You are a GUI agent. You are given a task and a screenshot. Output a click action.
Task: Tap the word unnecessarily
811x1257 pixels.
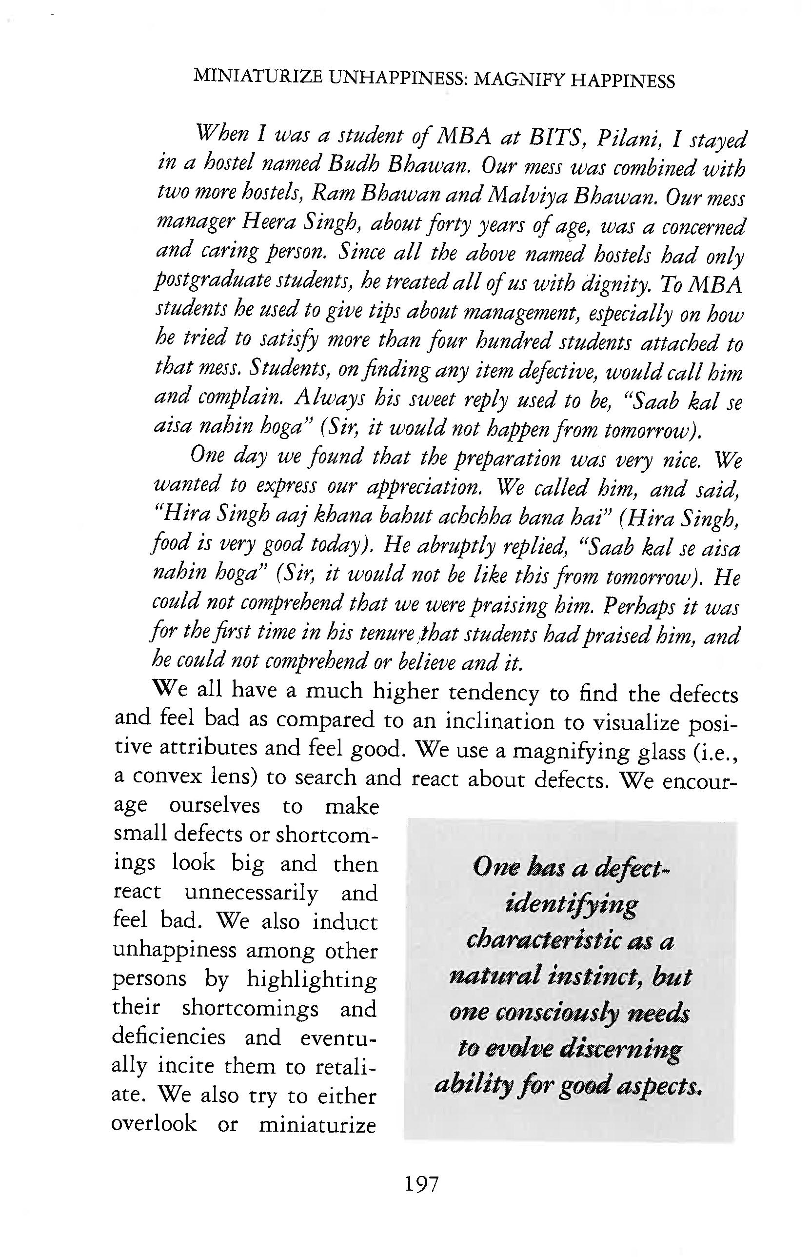pos(251,894)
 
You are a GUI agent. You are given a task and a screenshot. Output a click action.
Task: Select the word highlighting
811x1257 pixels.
pos(312,980)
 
